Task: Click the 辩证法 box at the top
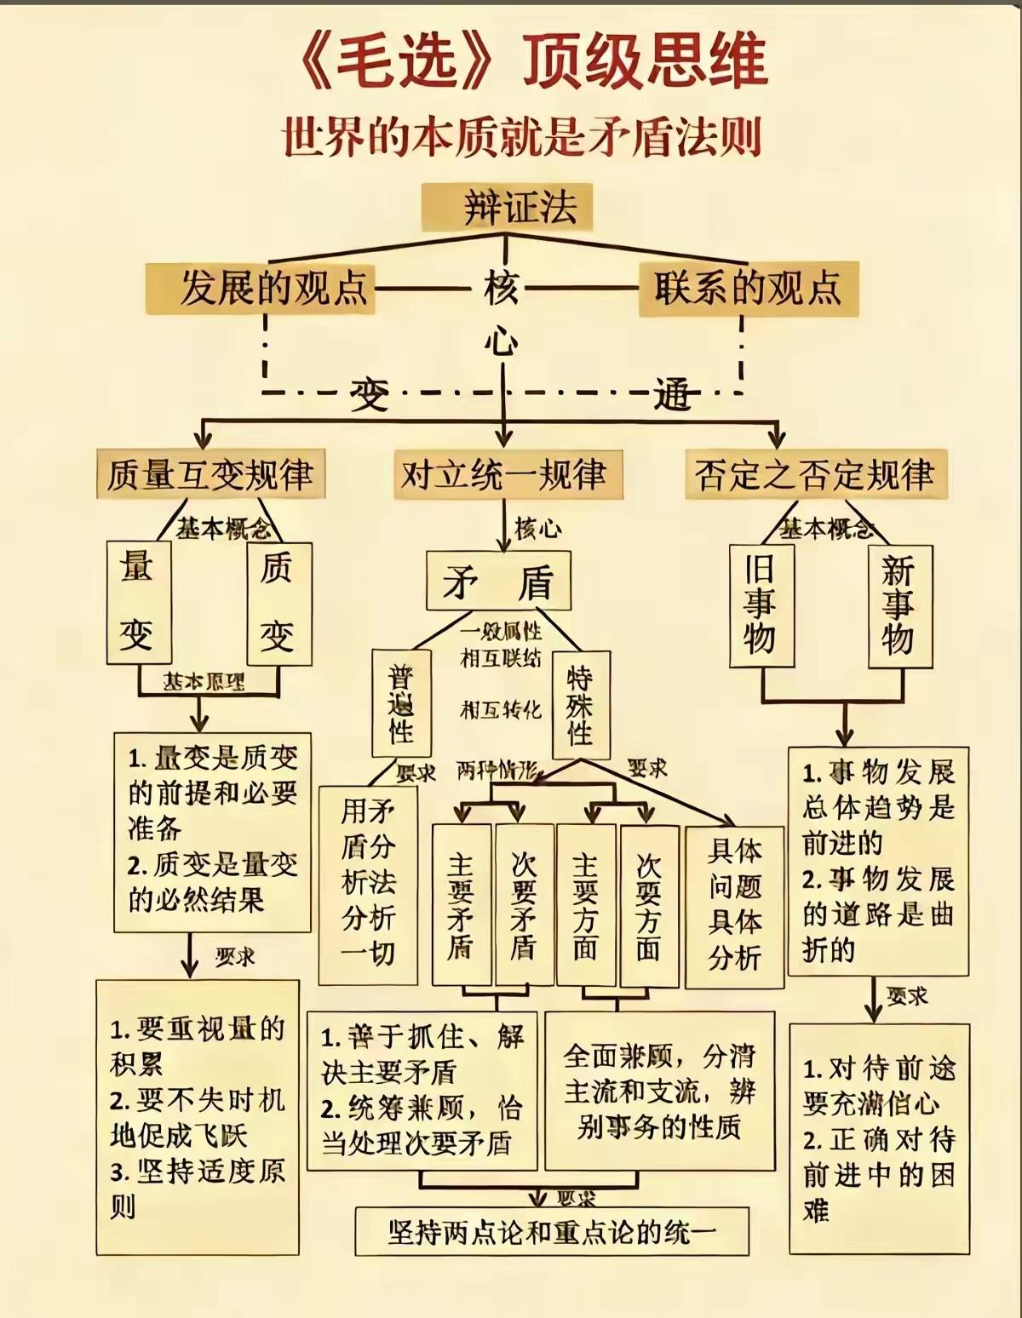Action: [507, 207]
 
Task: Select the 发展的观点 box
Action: [261, 289]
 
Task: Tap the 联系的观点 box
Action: [749, 289]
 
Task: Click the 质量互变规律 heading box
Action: [210, 474]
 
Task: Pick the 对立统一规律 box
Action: [504, 474]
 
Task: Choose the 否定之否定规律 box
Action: [815, 474]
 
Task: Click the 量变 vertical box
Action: [139, 603]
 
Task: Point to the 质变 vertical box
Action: [278, 603]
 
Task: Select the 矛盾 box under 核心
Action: [498, 582]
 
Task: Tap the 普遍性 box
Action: [401, 703]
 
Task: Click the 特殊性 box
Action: [581, 705]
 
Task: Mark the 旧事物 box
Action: [761, 605]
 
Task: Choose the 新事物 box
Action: [899, 605]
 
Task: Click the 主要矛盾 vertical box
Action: [461, 905]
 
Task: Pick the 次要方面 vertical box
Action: [649, 905]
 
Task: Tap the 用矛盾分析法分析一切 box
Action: [368, 885]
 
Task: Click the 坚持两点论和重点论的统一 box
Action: [552, 1231]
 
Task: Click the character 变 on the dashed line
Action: [370, 394]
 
